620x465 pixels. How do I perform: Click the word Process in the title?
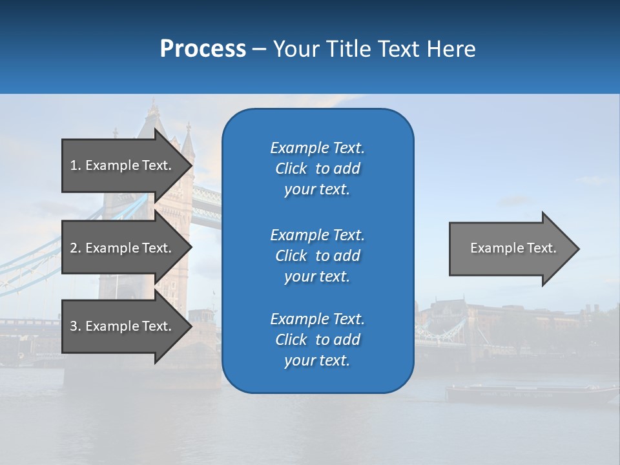tap(203, 49)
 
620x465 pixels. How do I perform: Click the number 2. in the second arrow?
tap(75, 248)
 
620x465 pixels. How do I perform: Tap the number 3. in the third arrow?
tap(75, 326)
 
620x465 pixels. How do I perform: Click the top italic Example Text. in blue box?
tap(317, 148)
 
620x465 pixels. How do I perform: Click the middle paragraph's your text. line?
tap(317, 276)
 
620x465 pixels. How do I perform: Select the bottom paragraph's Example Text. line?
tap(317, 319)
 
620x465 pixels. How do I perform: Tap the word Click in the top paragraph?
tap(291, 169)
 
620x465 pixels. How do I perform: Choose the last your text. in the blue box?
tap(317, 360)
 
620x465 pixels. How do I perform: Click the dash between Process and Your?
tap(260, 49)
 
